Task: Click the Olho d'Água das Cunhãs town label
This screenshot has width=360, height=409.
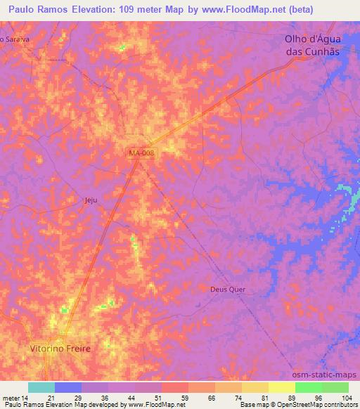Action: [312, 46]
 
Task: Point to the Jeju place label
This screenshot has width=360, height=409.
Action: [89, 200]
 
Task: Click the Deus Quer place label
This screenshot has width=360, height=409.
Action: [229, 289]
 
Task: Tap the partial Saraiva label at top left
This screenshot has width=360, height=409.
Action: [15, 39]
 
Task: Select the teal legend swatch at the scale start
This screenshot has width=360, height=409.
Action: [41, 387]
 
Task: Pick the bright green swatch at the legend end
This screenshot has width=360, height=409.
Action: [335, 387]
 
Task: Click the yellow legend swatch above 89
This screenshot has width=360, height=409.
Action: [282, 387]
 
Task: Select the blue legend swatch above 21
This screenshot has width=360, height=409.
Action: [68, 387]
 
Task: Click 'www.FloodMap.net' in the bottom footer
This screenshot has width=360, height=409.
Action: [151, 405]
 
